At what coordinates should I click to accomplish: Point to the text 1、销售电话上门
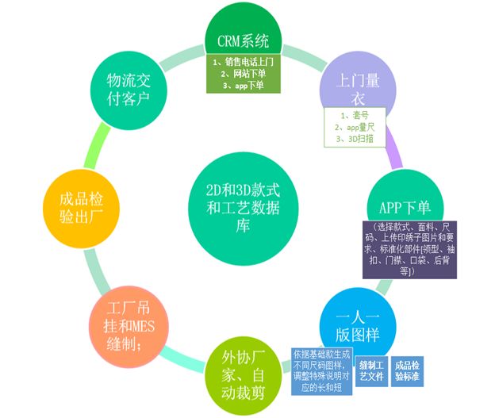pos(247,60)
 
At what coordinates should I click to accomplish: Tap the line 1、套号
pos(351,115)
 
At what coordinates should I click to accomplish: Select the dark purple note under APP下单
pos(409,250)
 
